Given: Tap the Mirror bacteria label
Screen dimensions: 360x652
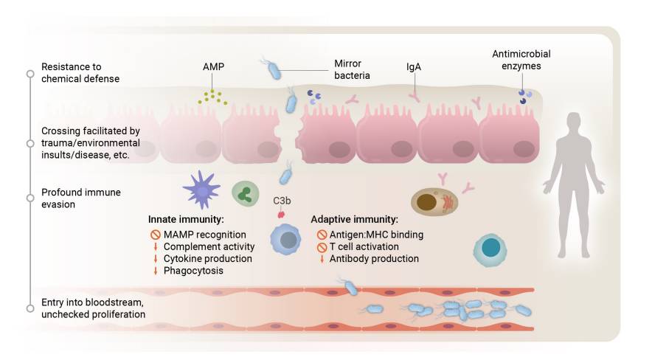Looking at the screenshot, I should [351, 69].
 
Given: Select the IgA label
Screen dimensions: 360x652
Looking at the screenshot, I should [415, 67].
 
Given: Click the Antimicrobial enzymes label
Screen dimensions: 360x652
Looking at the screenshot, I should [521, 60].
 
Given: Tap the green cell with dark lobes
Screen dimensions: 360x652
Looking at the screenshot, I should [246, 194].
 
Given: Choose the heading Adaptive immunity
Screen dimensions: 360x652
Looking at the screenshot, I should [354, 220].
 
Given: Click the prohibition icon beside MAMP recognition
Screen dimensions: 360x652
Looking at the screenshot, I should [155, 235].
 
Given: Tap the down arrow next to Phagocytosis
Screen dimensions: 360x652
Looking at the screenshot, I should [155, 271].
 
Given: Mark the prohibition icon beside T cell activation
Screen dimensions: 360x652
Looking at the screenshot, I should [321, 246].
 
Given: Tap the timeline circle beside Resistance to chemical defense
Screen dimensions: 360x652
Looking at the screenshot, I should [30, 74].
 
